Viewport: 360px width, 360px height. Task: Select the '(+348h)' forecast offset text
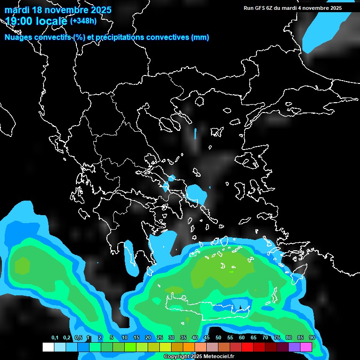tap(83, 21)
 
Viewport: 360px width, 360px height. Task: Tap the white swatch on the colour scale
tap(48, 347)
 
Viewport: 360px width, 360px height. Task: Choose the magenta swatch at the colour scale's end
tap(306, 347)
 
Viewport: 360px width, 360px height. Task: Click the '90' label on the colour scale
tap(312, 338)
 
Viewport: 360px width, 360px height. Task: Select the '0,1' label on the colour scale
tap(55, 338)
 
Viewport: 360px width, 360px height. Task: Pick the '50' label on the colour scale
tap(218, 338)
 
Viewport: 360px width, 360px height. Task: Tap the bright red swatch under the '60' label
tap(247, 347)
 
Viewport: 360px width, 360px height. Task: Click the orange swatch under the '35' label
tap(189, 347)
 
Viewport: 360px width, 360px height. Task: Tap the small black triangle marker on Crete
tap(240, 307)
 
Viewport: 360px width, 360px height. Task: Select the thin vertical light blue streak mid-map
tap(195, 135)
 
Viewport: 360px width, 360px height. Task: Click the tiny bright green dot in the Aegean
tap(231, 271)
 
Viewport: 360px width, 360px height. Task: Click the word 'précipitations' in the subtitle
tap(121, 37)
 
